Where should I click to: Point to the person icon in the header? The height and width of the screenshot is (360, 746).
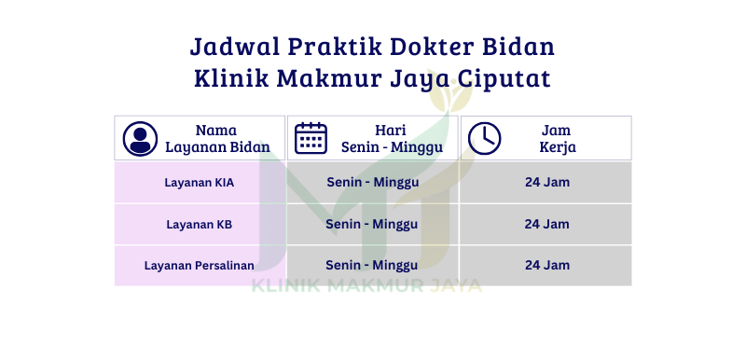click(140, 139)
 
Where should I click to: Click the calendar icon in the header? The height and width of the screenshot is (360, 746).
click(311, 138)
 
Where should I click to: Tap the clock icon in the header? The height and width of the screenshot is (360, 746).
click(484, 138)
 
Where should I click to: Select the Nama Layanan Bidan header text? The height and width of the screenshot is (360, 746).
click(217, 138)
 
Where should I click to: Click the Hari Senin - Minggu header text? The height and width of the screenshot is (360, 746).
click(392, 138)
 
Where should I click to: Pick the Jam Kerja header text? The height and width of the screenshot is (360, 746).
click(557, 138)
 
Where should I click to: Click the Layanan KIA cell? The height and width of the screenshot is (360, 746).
click(200, 183)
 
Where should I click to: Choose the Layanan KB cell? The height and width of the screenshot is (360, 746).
click(200, 225)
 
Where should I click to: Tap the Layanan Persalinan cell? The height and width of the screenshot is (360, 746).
click(200, 266)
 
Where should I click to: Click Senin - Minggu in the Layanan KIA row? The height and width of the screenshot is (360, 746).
click(372, 183)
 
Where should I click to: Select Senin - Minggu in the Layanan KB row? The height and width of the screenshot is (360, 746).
click(371, 224)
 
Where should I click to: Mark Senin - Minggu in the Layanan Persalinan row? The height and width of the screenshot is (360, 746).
click(371, 266)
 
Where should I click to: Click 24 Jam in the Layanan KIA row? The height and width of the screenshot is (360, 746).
click(547, 182)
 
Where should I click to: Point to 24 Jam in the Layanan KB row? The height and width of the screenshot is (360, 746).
click(546, 224)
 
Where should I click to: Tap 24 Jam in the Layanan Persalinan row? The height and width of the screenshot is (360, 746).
click(547, 266)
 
